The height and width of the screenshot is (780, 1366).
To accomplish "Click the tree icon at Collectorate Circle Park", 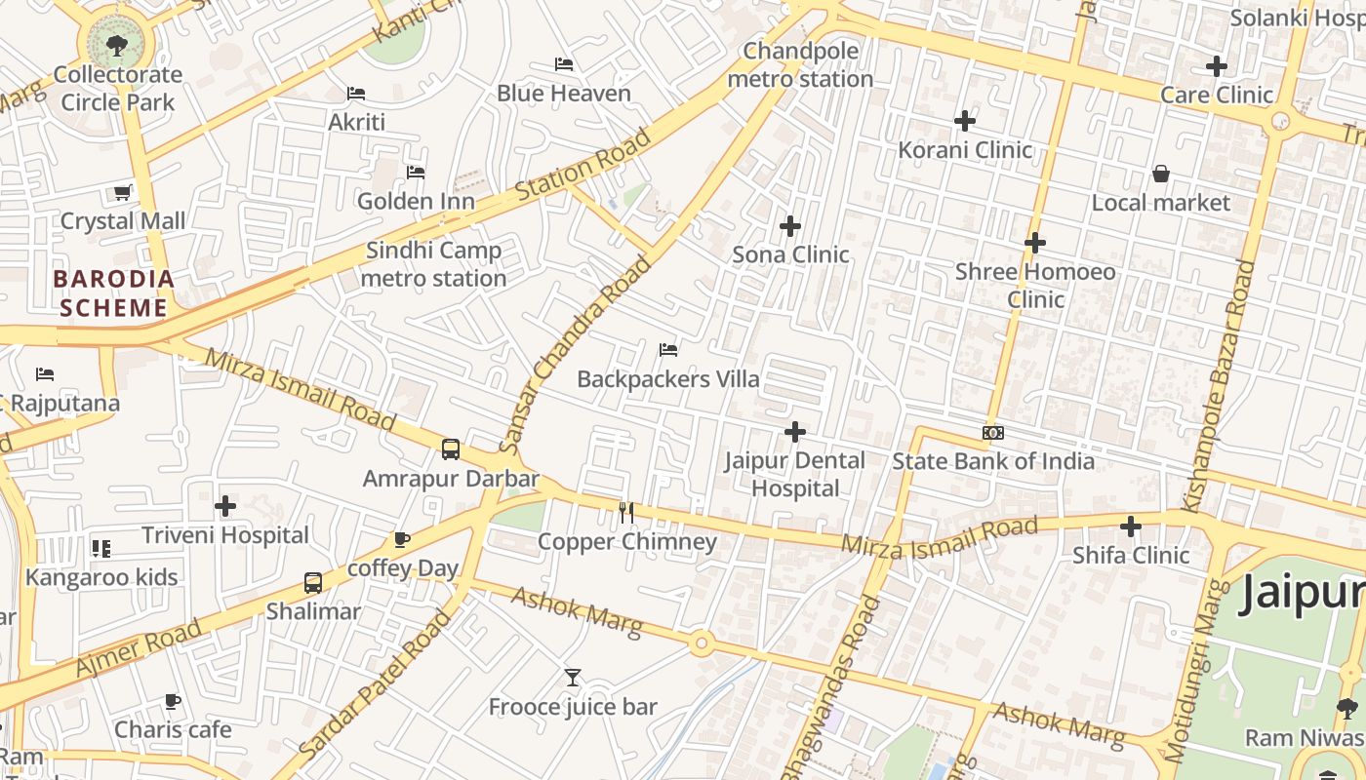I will [x=116, y=44].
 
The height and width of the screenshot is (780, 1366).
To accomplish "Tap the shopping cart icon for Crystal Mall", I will [x=122, y=193].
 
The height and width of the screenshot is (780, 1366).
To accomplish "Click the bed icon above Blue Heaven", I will [x=563, y=64].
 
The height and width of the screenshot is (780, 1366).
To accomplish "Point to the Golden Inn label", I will [x=416, y=202].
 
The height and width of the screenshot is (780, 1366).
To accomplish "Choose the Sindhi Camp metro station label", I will [x=433, y=264].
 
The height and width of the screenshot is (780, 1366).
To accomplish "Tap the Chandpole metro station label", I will [x=800, y=64].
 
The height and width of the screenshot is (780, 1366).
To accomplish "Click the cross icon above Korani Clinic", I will [x=965, y=121].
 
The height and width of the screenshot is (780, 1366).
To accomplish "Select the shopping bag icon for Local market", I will [x=1161, y=175].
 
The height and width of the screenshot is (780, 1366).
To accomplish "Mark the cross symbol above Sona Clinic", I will [x=790, y=226].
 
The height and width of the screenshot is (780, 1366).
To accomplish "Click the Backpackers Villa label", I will [x=668, y=379].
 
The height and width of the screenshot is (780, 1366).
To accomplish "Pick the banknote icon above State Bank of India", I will [x=993, y=433].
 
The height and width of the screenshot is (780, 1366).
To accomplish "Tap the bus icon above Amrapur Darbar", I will [x=450, y=449].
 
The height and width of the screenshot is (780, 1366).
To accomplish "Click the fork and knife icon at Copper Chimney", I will [x=626, y=513].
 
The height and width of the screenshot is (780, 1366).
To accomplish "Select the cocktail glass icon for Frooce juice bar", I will [x=573, y=678].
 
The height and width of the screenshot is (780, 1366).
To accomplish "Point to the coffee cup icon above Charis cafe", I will [x=173, y=701].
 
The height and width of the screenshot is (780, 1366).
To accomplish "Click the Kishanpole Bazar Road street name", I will [x=1218, y=384].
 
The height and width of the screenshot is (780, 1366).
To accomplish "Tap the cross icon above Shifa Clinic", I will [x=1131, y=527].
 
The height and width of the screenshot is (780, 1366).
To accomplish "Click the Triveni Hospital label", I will [x=225, y=535].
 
